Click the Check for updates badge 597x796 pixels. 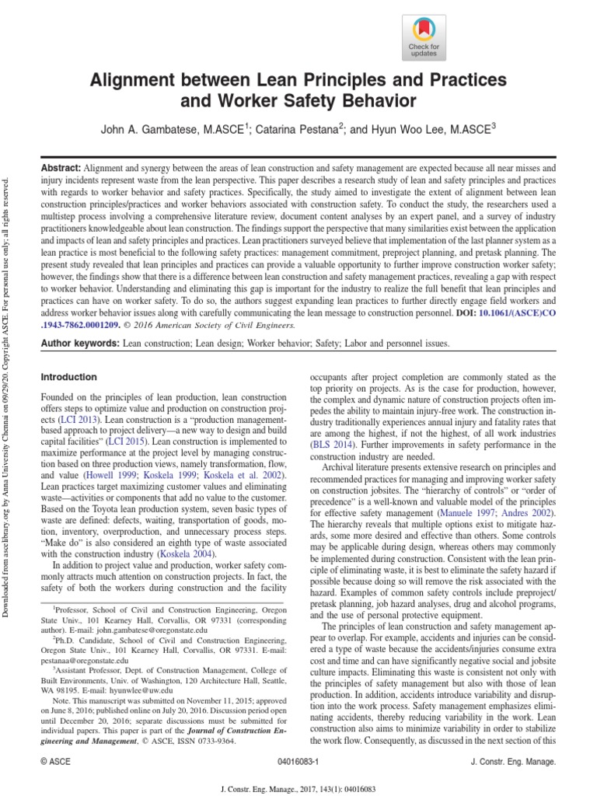[x=424, y=37]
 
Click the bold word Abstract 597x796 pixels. [x=60, y=168]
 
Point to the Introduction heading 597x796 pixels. [x=68, y=377]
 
